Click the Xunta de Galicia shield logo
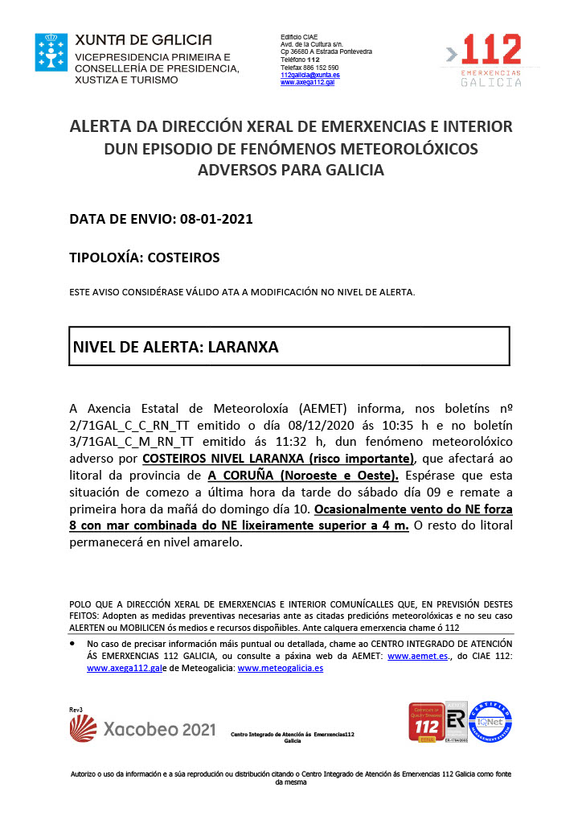pos(51,52)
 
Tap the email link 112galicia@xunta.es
pos(309,75)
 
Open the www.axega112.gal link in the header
pos(307,82)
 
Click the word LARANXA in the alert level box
pos(243,347)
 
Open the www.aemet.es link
pos(417,657)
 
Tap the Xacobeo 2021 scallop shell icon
pos(84,728)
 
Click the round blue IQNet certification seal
pos(490,723)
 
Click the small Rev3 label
pos(76,709)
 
